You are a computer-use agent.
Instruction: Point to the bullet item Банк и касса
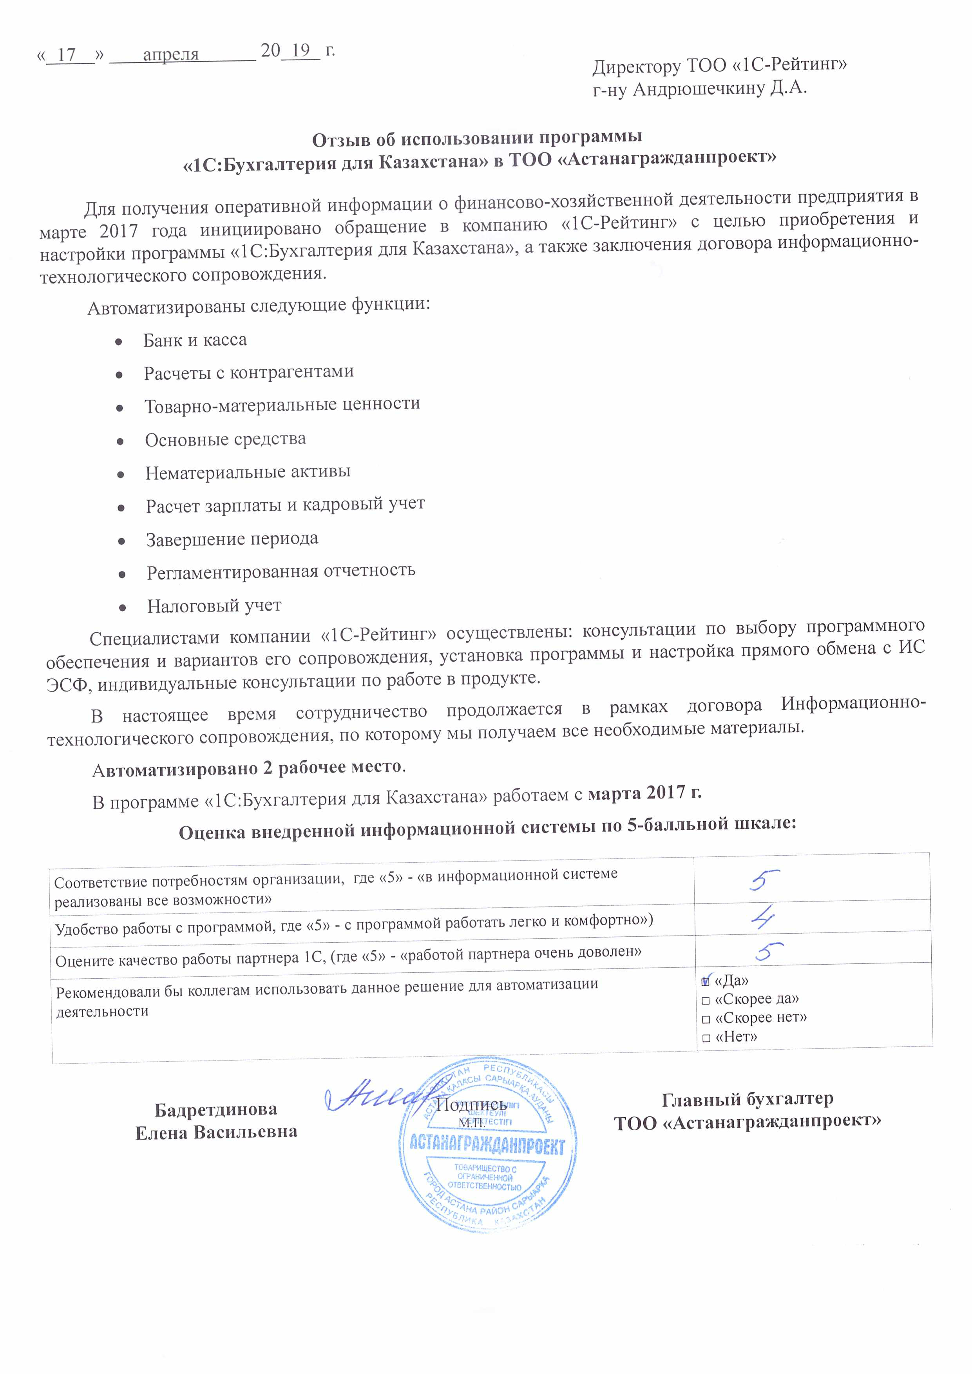[195, 340]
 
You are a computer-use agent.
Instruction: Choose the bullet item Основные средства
[225, 439]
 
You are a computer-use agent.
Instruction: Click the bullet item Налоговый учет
[214, 606]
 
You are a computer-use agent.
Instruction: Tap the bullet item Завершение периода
[232, 539]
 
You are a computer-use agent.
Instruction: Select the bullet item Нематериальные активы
[247, 472]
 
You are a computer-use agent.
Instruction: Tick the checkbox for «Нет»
[706, 1038]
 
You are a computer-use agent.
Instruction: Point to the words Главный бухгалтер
[747, 1099]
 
